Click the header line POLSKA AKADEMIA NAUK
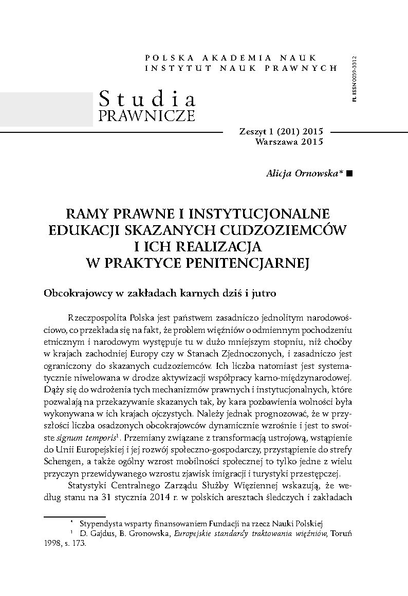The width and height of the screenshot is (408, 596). click(x=231, y=57)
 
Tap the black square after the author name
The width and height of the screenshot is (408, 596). click(x=350, y=174)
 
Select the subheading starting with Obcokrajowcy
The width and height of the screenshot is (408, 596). click(x=160, y=294)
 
